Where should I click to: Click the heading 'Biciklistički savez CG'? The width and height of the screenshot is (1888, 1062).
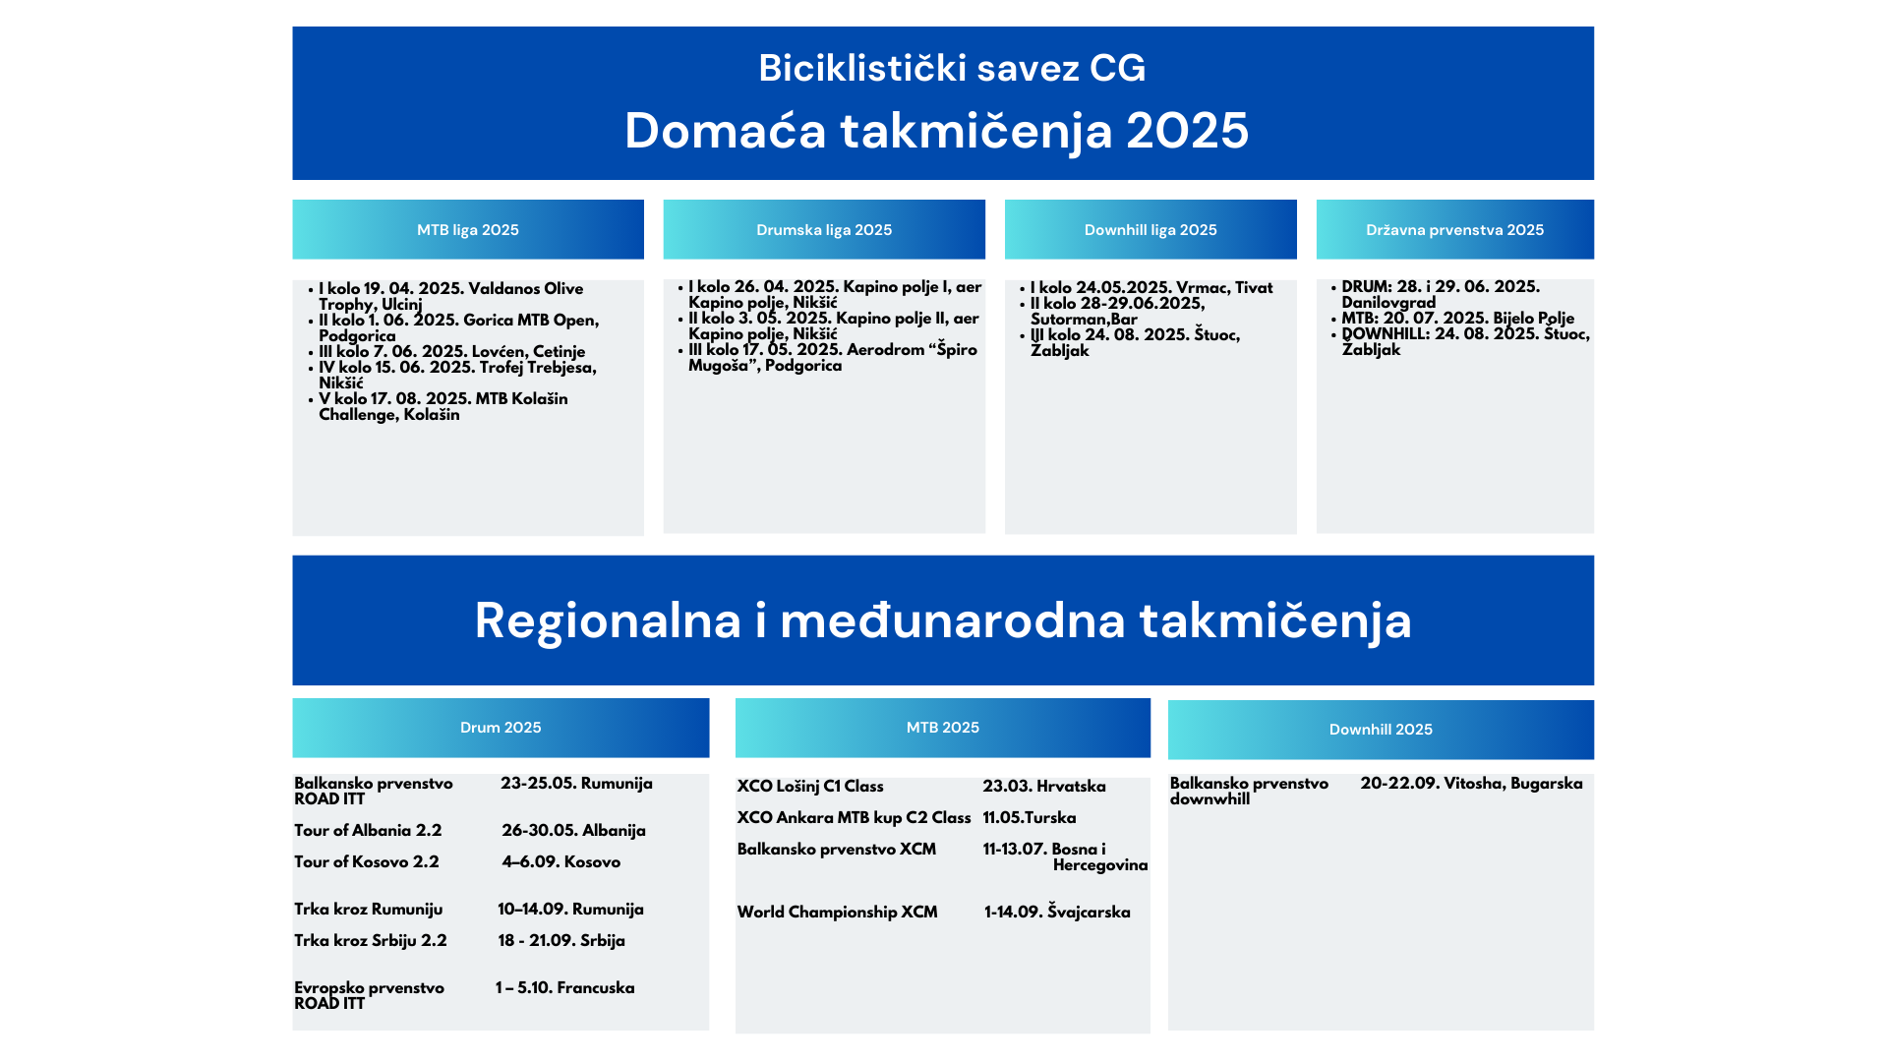pyautogui.click(x=952, y=68)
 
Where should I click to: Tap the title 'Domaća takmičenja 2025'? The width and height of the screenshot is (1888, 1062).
pyautogui.click(x=936, y=131)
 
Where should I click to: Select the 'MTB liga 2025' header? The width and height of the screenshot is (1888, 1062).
pyautogui.click(x=468, y=230)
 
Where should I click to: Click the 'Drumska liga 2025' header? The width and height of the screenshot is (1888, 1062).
pyautogui.click(x=824, y=230)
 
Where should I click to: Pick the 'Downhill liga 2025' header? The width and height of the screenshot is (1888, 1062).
pyautogui.click(x=1150, y=230)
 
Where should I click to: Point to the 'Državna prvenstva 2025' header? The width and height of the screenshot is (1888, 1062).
pyautogui.click(x=1455, y=230)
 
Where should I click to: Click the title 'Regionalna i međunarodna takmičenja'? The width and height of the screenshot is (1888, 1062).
pyautogui.click(x=943, y=620)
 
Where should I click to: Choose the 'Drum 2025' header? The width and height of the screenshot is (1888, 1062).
pyautogui.click(x=501, y=728)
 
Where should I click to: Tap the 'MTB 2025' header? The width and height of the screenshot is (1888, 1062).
pyautogui.click(x=943, y=728)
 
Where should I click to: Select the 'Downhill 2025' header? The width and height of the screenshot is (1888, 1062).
pyautogui.click(x=1381, y=730)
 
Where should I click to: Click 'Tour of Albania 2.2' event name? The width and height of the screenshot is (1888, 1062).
pyautogui.click(x=368, y=831)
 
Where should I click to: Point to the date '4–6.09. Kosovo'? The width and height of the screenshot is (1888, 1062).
pyautogui.click(x=561, y=862)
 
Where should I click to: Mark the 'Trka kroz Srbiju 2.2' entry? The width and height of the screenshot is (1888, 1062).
pyautogui.click(x=371, y=941)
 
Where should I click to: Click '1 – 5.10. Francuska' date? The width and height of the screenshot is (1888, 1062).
pyautogui.click(x=565, y=988)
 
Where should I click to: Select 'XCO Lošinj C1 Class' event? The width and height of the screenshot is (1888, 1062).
pyautogui.click(x=810, y=787)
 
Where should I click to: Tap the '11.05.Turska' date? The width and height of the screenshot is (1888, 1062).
pyautogui.click(x=1030, y=818)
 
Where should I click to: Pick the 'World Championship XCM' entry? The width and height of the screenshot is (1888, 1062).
pyautogui.click(x=838, y=913)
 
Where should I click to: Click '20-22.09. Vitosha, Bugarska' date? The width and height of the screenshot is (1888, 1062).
pyautogui.click(x=1472, y=784)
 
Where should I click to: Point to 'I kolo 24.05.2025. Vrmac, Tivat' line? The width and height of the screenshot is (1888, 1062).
pyautogui.click(x=1151, y=288)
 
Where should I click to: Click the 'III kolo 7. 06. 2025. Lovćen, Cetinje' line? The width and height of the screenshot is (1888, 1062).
pyautogui.click(x=452, y=352)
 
